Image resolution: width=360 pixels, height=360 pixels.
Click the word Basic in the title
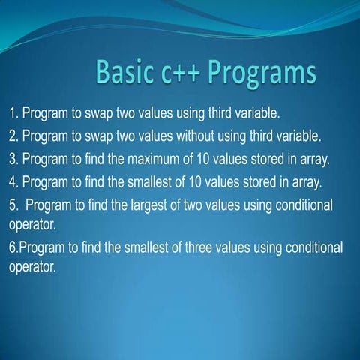click(x=125, y=73)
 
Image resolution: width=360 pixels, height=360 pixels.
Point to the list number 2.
click(x=13, y=137)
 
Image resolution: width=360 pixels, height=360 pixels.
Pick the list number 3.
click(x=13, y=160)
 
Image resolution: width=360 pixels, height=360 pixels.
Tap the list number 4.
click(x=13, y=182)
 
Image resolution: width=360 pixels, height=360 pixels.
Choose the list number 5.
click(x=13, y=205)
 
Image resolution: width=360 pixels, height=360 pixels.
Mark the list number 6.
click(x=13, y=247)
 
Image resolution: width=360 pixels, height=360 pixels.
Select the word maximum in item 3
click(x=185, y=160)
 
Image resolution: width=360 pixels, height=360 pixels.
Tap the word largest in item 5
click(x=171, y=205)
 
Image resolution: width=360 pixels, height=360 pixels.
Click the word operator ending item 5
click(x=30, y=224)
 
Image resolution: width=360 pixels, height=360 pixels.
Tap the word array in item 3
click(x=334, y=160)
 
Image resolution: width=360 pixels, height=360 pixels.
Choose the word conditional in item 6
click(x=309, y=247)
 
